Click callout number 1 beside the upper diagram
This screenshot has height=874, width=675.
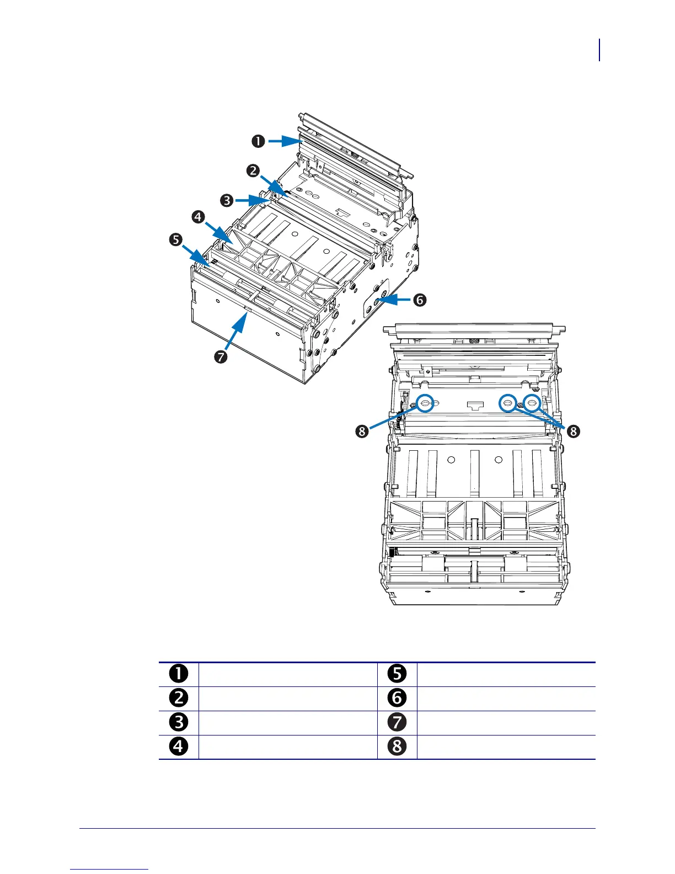(258, 141)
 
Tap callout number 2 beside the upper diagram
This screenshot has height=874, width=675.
(253, 170)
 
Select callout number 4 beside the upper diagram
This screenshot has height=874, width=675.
(198, 217)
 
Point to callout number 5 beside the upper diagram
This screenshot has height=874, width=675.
(175, 240)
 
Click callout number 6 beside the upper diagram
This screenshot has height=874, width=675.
(420, 300)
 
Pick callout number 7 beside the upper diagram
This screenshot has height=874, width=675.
(221, 356)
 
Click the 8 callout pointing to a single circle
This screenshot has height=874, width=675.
(362, 430)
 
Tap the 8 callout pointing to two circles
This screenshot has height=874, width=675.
(574, 430)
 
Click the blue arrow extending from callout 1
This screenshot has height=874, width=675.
(284, 141)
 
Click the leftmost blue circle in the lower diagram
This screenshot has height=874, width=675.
(425, 403)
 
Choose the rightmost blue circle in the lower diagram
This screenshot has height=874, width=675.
(532, 403)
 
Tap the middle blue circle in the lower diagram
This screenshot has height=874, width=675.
(508, 403)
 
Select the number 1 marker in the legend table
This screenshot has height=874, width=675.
(179, 674)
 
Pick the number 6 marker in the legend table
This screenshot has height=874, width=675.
(397, 698)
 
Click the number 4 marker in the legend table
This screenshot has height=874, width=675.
(179, 747)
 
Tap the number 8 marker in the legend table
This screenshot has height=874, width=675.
(397, 747)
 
